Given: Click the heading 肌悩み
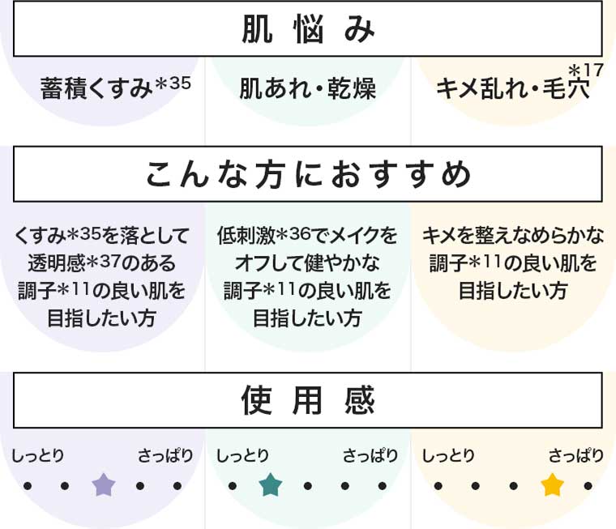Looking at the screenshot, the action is [x=308, y=29].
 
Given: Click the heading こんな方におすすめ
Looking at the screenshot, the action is [x=308, y=173].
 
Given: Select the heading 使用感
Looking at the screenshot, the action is [x=308, y=400].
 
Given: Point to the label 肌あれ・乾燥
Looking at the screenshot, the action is [x=307, y=88].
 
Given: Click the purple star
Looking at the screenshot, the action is [x=103, y=486].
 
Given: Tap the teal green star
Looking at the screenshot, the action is [x=270, y=486].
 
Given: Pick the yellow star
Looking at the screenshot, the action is [x=552, y=486].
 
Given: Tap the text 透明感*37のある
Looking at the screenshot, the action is [x=102, y=263].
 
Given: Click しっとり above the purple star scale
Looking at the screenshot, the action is [x=38, y=456].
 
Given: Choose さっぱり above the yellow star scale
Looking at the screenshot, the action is [x=575, y=456].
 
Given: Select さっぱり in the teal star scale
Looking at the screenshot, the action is [x=370, y=456].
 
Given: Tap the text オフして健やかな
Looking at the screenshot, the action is [x=308, y=263].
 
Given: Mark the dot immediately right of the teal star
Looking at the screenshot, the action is [x=308, y=487].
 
